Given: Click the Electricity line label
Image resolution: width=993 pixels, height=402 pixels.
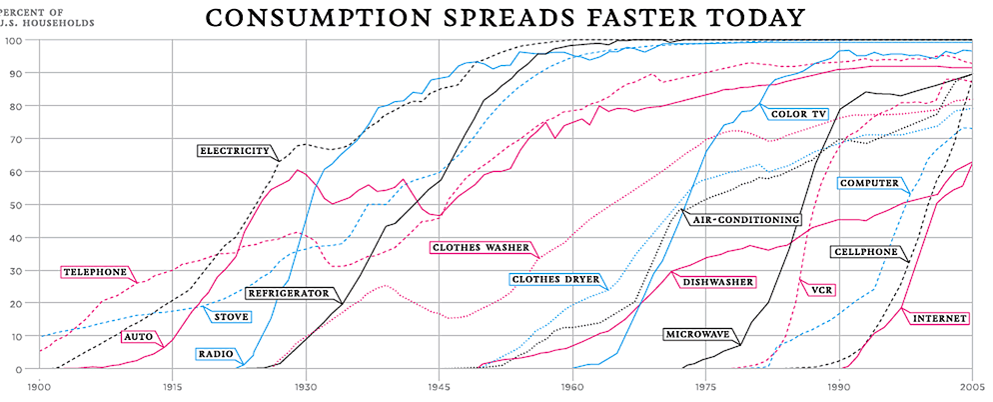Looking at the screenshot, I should (x=236, y=151).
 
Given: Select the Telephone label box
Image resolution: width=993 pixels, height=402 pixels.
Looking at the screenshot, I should (x=95, y=272).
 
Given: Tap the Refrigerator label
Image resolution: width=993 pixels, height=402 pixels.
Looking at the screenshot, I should (x=288, y=294).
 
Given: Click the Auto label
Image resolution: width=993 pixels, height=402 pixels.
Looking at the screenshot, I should (x=137, y=337).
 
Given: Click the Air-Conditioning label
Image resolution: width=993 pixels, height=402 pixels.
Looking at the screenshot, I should (x=742, y=219).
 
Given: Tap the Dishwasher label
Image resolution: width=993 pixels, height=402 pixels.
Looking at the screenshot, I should (x=718, y=282).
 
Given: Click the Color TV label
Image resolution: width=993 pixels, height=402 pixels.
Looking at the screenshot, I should (x=798, y=114).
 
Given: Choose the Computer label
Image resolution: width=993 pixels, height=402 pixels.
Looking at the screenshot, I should (x=869, y=184).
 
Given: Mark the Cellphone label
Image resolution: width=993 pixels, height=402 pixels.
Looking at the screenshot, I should (x=865, y=253).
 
